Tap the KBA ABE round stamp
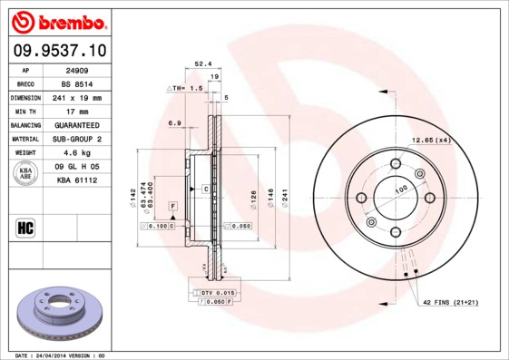tap(26, 174)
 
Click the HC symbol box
tap(25, 228)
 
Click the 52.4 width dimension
tap(202, 63)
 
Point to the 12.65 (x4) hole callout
tap(431, 140)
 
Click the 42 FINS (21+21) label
tap(448, 301)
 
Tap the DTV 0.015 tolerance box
tap(217, 292)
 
